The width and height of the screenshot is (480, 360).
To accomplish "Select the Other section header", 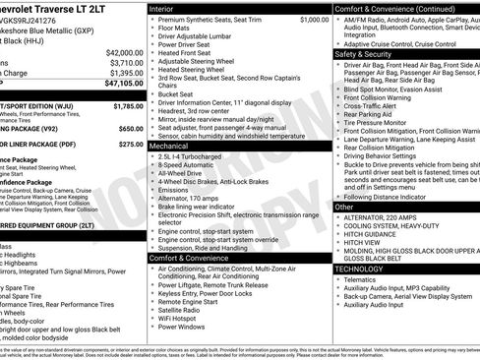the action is click(x=343, y=208).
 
